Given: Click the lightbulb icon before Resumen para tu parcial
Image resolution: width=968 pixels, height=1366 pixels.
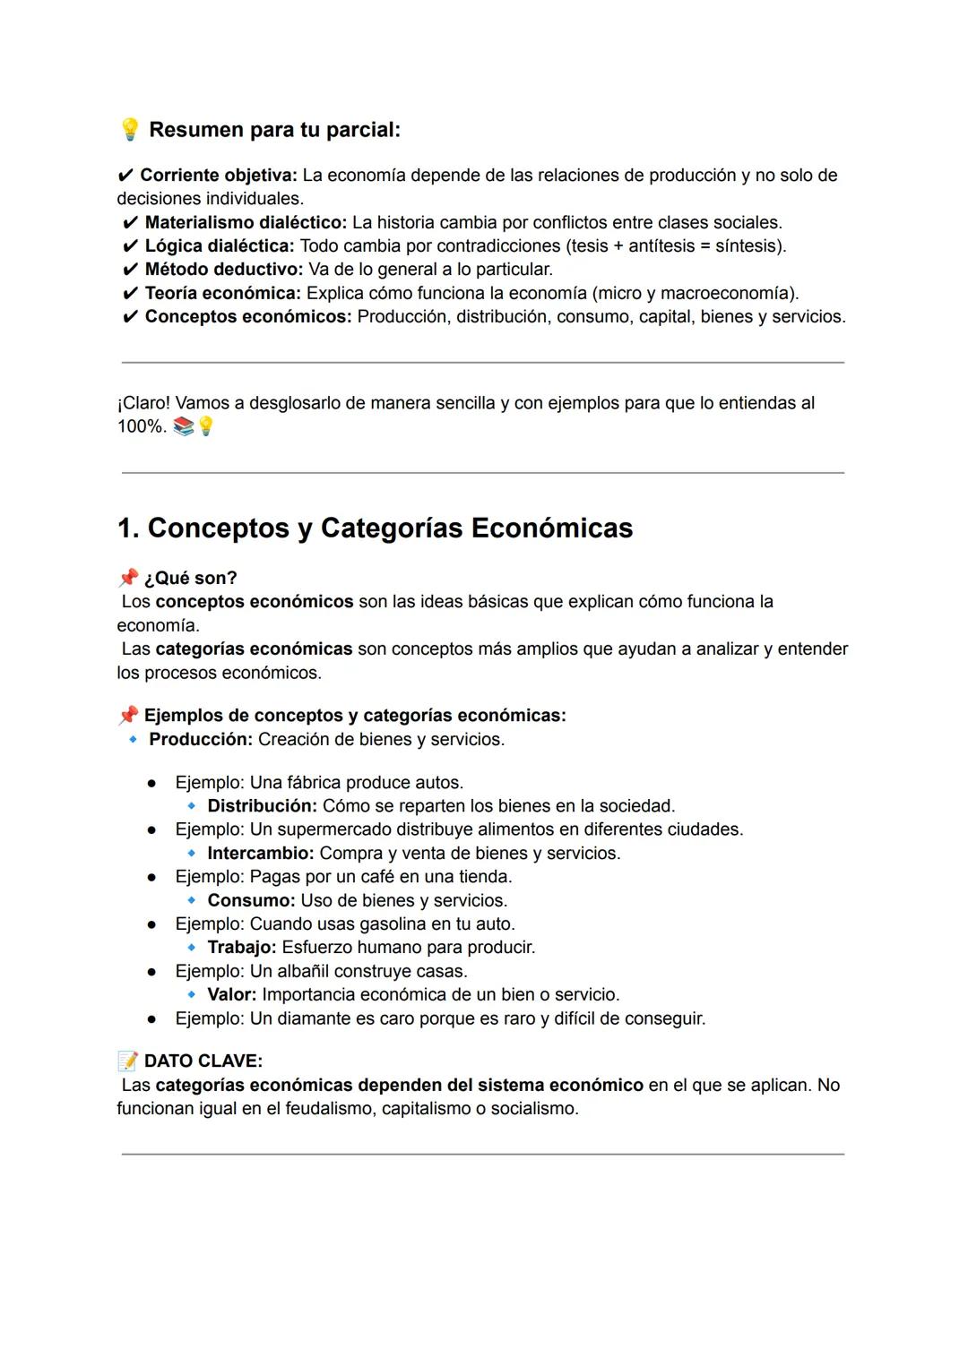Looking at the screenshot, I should click(129, 130).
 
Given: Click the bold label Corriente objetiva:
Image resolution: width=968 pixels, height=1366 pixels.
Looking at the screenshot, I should click(218, 176).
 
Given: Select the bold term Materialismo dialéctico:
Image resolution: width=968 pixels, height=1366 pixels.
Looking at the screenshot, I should click(245, 222).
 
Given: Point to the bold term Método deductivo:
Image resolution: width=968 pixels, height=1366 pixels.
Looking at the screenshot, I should click(223, 270).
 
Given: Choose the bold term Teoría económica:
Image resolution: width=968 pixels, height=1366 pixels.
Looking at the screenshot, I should click(222, 293).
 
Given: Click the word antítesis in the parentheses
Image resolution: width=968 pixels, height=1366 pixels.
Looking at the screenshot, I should click(661, 245).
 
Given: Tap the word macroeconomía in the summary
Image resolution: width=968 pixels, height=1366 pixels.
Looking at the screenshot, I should click(727, 293).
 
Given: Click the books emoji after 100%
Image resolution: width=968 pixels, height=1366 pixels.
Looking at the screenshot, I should click(183, 427).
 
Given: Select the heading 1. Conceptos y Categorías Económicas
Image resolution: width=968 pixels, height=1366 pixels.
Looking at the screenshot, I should click(375, 528).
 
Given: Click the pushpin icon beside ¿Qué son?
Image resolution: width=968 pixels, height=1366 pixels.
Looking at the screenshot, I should click(128, 578).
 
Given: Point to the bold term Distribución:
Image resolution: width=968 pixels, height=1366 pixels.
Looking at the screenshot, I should click(262, 806).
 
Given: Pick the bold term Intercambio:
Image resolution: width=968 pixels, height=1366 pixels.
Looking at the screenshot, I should click(260, 854).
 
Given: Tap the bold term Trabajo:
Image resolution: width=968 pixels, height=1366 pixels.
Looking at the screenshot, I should click(241, 948).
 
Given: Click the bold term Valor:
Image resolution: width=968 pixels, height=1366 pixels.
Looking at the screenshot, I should click(231, 995).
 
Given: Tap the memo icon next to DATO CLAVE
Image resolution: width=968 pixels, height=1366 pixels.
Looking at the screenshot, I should click(128, 1061).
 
